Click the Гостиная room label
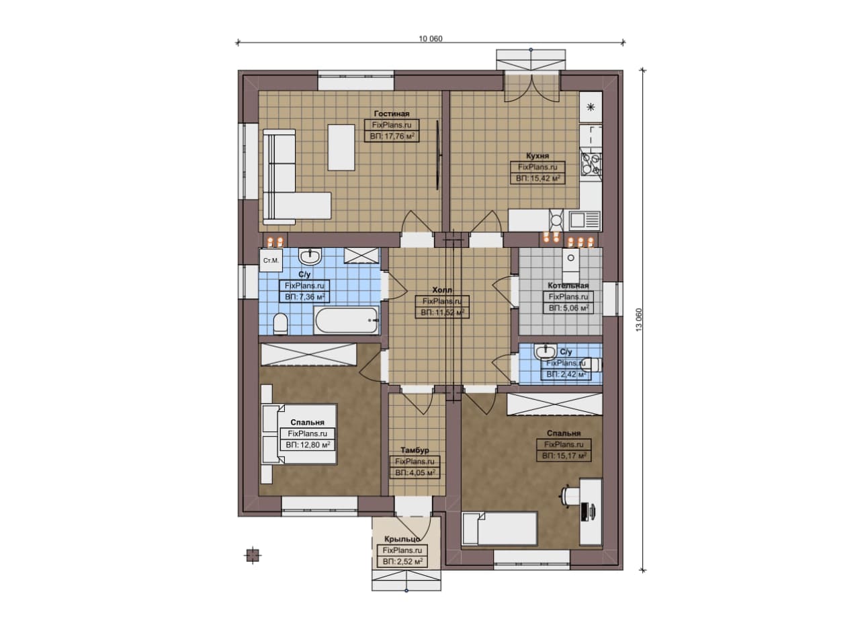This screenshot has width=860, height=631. click(x=392, y=114)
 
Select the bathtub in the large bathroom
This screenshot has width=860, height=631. click(x=346, y=321)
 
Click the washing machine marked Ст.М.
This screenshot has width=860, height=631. click(x=271, y=261)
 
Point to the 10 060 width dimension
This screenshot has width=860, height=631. click(x=431, y=39)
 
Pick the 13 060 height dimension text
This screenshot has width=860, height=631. click(x=639, y=320)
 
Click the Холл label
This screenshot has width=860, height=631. click(x=442, y=290)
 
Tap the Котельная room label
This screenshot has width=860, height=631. click(x=568, y=286)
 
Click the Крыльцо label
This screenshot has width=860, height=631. click(x=402, y=539)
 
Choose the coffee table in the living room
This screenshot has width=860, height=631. click(x=341, y=147)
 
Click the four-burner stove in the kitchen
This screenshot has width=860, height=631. click(x=591, y=163)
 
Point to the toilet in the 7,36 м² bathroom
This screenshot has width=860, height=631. click(x=281, y=324)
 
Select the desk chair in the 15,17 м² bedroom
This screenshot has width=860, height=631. click(x=569, y=497)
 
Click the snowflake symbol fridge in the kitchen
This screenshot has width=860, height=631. click(x=591, y=107)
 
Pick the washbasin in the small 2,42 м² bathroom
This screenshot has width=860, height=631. click(x=545, y=351)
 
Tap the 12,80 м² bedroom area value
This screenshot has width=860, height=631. click(x=308, y=445)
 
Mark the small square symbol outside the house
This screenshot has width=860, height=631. click(x=253, y=555)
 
